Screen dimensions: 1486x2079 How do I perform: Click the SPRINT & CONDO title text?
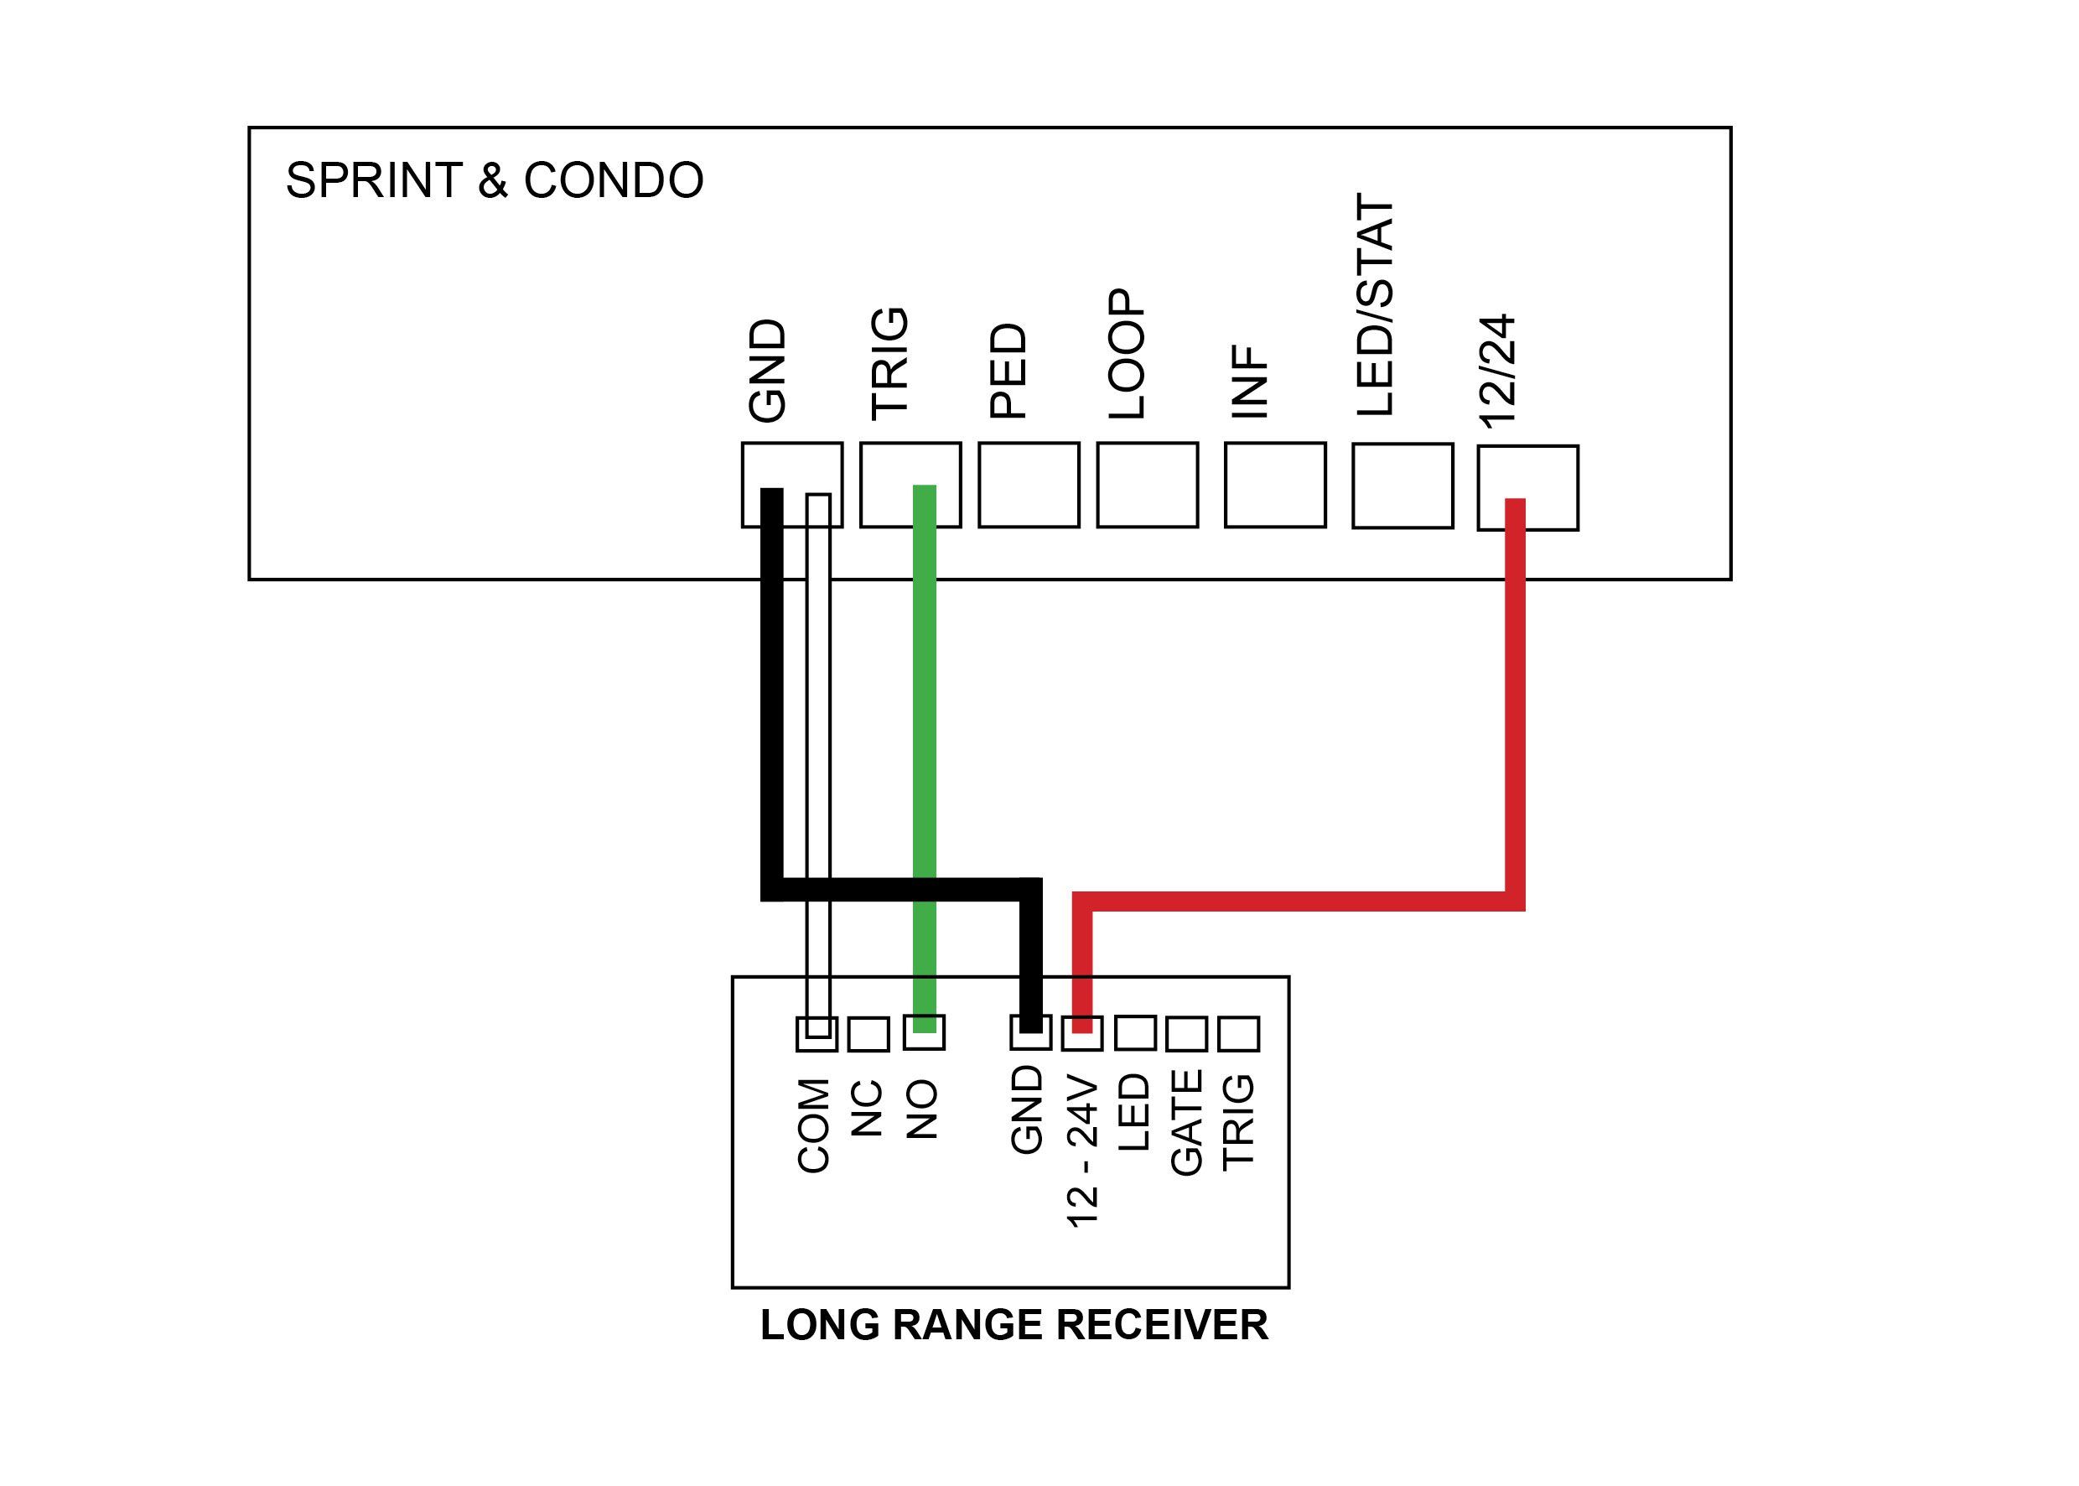[494, 180]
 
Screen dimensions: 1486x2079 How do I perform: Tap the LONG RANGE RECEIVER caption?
[1014, 1325]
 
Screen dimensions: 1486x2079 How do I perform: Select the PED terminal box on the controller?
[1028, 485]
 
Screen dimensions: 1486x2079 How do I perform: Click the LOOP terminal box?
[1147, 485]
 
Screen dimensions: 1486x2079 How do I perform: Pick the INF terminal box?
[1274, 485]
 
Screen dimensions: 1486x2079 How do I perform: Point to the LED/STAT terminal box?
[1402, 486]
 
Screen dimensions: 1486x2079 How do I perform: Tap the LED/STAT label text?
[1375, 305]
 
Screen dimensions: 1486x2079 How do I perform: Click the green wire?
[925, 732]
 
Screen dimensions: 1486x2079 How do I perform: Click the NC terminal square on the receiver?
[868, 1035]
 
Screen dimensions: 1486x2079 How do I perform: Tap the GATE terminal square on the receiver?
[1186, 1034]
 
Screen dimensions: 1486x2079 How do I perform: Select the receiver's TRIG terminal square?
[1238, 1034]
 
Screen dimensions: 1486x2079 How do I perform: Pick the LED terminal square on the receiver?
[1135, 1034]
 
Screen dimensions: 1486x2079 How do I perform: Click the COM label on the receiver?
[813, 1125]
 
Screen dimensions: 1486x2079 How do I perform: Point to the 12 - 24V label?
[1082, 1151]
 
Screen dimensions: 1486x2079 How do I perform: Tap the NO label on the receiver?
[922, 1109]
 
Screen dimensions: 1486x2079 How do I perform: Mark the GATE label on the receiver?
[1186, 1123]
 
